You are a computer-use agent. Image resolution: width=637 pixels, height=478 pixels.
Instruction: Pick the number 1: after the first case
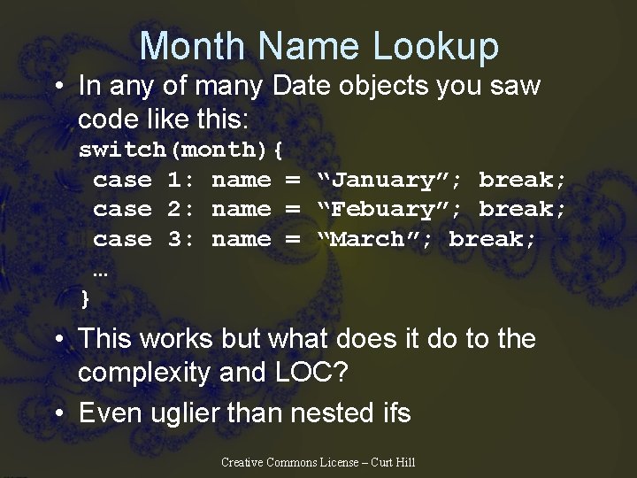click(x=181, y=180)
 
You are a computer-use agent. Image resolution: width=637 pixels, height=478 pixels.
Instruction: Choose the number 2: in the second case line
click(x=181, y=209)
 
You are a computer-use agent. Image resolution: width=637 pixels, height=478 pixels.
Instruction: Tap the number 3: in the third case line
click(x=181, y=238)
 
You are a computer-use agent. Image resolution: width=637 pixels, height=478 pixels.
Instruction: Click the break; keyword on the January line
click(x=522, y=180)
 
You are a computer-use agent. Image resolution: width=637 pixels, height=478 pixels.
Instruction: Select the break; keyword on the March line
click(x=492, y=238)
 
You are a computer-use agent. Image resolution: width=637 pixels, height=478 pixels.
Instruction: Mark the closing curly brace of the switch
click(x=85, y=297)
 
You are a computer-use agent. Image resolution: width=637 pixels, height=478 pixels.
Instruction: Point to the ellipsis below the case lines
click(x=100, y=270)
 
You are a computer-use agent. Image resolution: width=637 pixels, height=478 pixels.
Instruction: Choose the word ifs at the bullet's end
click(x=390, y=412)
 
